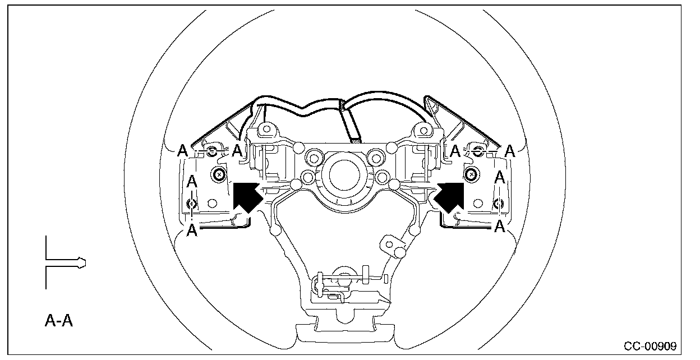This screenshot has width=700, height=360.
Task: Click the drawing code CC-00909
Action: [650, 346]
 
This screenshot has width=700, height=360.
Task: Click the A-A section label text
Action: [59, 321]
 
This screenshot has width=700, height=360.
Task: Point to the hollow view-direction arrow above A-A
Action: [66, 262]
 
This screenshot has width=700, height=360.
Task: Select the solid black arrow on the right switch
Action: [449, 197]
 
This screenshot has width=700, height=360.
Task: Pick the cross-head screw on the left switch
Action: [218, 174]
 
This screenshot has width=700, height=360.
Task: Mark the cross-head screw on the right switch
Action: [471, 174]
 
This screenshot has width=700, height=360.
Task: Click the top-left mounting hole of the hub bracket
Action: [266, 129]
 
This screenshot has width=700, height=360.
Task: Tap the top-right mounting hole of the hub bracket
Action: [423, 130]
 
